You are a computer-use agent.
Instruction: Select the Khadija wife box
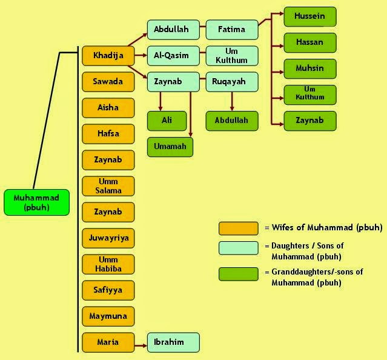coord(108,56)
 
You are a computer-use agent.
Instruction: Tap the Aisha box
coord(108,107)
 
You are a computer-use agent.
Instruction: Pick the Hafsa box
coord(108,133)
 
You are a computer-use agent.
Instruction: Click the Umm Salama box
coord(108,186)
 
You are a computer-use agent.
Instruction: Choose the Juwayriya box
coord(108,238)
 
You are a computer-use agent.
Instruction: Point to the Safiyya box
coord(108,290)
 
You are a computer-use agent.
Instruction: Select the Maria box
coord(108,342)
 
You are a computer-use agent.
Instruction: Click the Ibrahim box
coord(173,342)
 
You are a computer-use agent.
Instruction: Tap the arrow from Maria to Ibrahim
coord(141,343)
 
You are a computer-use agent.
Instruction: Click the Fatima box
coord(232,29)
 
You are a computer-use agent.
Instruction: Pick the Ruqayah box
coord(232,81)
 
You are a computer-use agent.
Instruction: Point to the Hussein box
coord(310,16)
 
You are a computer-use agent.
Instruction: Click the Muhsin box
coord(310,68)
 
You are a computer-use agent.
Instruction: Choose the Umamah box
coord(170,147)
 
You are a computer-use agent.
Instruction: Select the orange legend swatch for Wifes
coord(239,228)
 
